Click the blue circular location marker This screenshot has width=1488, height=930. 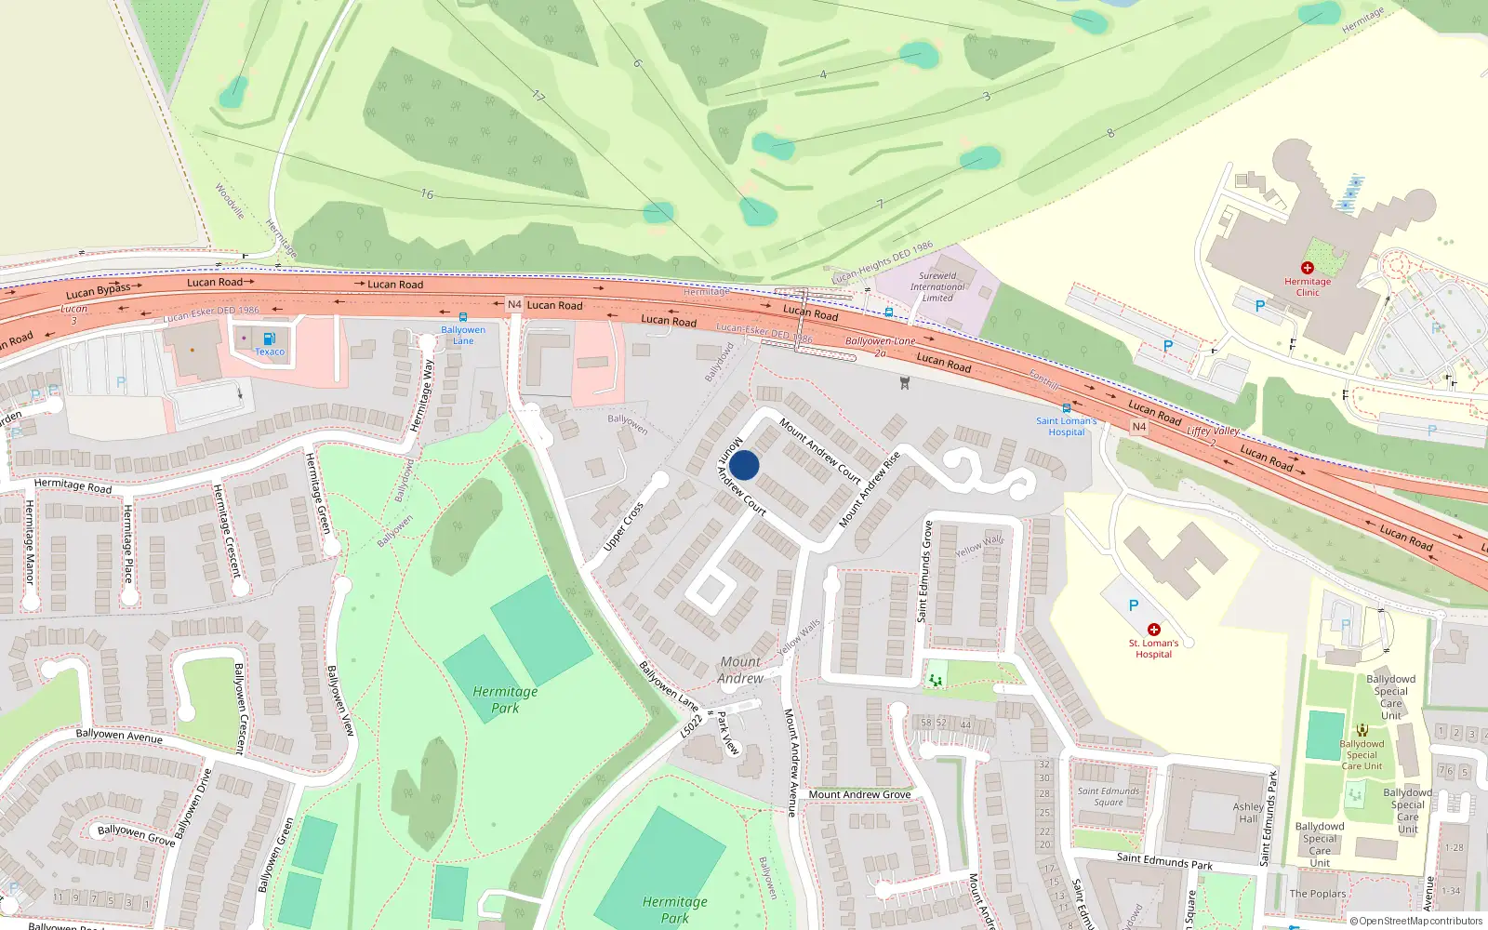pyautogui.click(x=744, y=465)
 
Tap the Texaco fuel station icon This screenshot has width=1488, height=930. pyautogui.click(x=269, y=339)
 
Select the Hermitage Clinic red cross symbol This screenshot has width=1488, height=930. pyautogui.click(x=1307, y=268)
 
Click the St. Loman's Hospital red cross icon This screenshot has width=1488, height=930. pyautogui.click(x=1154, y=630)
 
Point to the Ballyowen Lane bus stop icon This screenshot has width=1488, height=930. pyautogui.click(x=462, y=317)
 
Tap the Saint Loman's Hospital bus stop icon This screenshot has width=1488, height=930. pyautogui.click(x=1066, y=408)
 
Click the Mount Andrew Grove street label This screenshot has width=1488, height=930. pyautogui.click(x=859, y=794)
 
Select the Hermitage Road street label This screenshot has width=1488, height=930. pyautogui.click(x=73, y=485)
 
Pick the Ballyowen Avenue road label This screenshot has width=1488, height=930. pyautogui.click(x=119, y=736)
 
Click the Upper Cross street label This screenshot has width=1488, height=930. pyautogui.click(x=623, y=526)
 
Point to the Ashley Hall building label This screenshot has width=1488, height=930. pyautogui.click(x=1248, y=813)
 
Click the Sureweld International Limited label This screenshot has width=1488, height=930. pyautogui.click(x=937, y=286)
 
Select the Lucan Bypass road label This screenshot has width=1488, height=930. pyautogui.click(x=99, y=291)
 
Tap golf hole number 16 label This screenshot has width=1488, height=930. pyautogui.click(x=427, y=194)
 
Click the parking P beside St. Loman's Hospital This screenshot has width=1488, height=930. pyautogui.click(x=1133, y=605)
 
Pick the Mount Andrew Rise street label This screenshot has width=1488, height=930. pyautogui.click(x=870, y=490)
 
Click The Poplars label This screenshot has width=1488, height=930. pyautogui.click(x=1317, y=894)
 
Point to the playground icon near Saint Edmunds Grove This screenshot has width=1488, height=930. pyautogui.click(x=936, y=681)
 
